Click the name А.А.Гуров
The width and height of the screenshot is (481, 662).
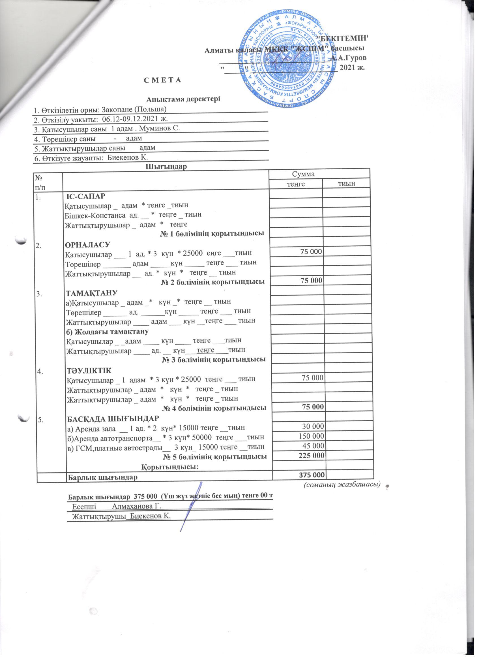pyautogui.click(x=349, y=57)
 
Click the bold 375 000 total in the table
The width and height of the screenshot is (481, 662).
pyautogui.click(x=312, y=475)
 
